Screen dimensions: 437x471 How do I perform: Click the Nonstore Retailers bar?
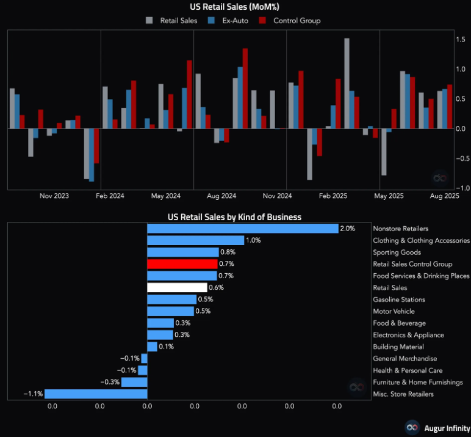(243, 229)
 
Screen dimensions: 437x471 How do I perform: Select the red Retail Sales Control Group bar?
(182, 264)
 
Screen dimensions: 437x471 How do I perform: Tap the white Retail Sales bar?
(178, 288)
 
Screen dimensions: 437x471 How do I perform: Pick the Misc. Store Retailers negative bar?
(96, 394)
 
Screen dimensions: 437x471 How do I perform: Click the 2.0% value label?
(347, 229)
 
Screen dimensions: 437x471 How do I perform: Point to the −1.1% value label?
(33, 394)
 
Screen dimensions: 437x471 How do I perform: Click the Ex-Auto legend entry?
(231, 21)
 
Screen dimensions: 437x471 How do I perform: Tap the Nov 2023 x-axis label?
(54, 196)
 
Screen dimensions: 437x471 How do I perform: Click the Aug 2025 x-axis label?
(444, 196)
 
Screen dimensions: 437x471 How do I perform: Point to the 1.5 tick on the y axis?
(461, 39)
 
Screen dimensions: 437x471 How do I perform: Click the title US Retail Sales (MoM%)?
(235, 7)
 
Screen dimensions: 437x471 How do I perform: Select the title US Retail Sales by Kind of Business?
(235, 217)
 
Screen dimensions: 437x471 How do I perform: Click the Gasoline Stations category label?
(399, 299)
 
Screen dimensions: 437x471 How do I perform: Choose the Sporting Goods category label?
(397, 252)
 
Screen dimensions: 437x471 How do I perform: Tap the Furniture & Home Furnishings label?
(418, 383)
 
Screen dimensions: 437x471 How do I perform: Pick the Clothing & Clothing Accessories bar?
(195, 241)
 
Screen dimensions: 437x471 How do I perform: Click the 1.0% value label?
(253, 241)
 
